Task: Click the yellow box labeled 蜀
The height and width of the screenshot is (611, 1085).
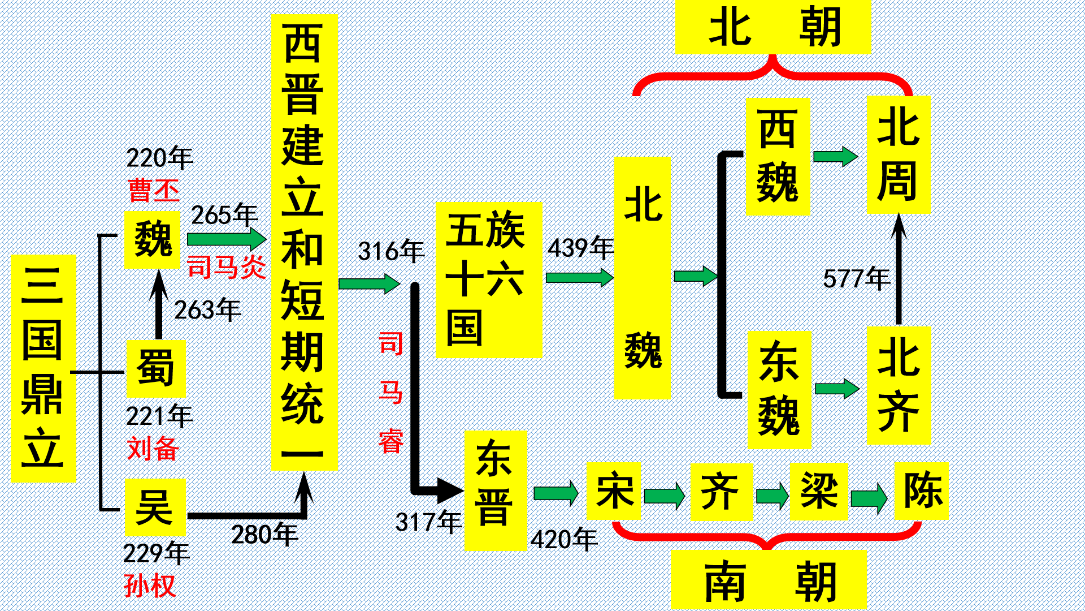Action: (x=155, y=369)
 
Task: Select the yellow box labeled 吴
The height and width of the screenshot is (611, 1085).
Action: (x=155, y=507)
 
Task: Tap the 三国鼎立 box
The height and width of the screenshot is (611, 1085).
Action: (x=44, y=368)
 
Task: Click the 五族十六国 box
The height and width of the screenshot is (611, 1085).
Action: (x=488, y=280)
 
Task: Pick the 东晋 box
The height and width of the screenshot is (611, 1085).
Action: (x=495, y=490)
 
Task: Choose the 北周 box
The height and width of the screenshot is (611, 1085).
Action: (x=898, y=154)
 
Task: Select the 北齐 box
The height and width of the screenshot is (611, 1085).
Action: (x=898, y=385)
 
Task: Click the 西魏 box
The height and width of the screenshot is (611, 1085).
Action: (x=777, y=157)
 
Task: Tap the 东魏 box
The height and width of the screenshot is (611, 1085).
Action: (x=779, y=390)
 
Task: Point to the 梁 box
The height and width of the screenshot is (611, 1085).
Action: (x=818, y=491)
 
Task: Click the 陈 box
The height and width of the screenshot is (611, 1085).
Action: (x=921, y=491)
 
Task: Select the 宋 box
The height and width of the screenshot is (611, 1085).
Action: (x=613, y=491)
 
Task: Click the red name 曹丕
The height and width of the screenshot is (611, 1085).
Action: (x=154, y=190)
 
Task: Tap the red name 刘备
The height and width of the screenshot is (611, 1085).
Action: (x=153, y=449)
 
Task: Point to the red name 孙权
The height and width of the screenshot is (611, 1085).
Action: (x=150, y=586)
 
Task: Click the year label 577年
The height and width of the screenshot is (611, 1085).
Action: (x=856, y=278)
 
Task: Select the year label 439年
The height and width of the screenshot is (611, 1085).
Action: (x=580, y=248)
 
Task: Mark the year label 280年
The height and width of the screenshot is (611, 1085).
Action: (x=264, y=535)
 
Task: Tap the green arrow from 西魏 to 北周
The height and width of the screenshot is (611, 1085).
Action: (x=835, y=156)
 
